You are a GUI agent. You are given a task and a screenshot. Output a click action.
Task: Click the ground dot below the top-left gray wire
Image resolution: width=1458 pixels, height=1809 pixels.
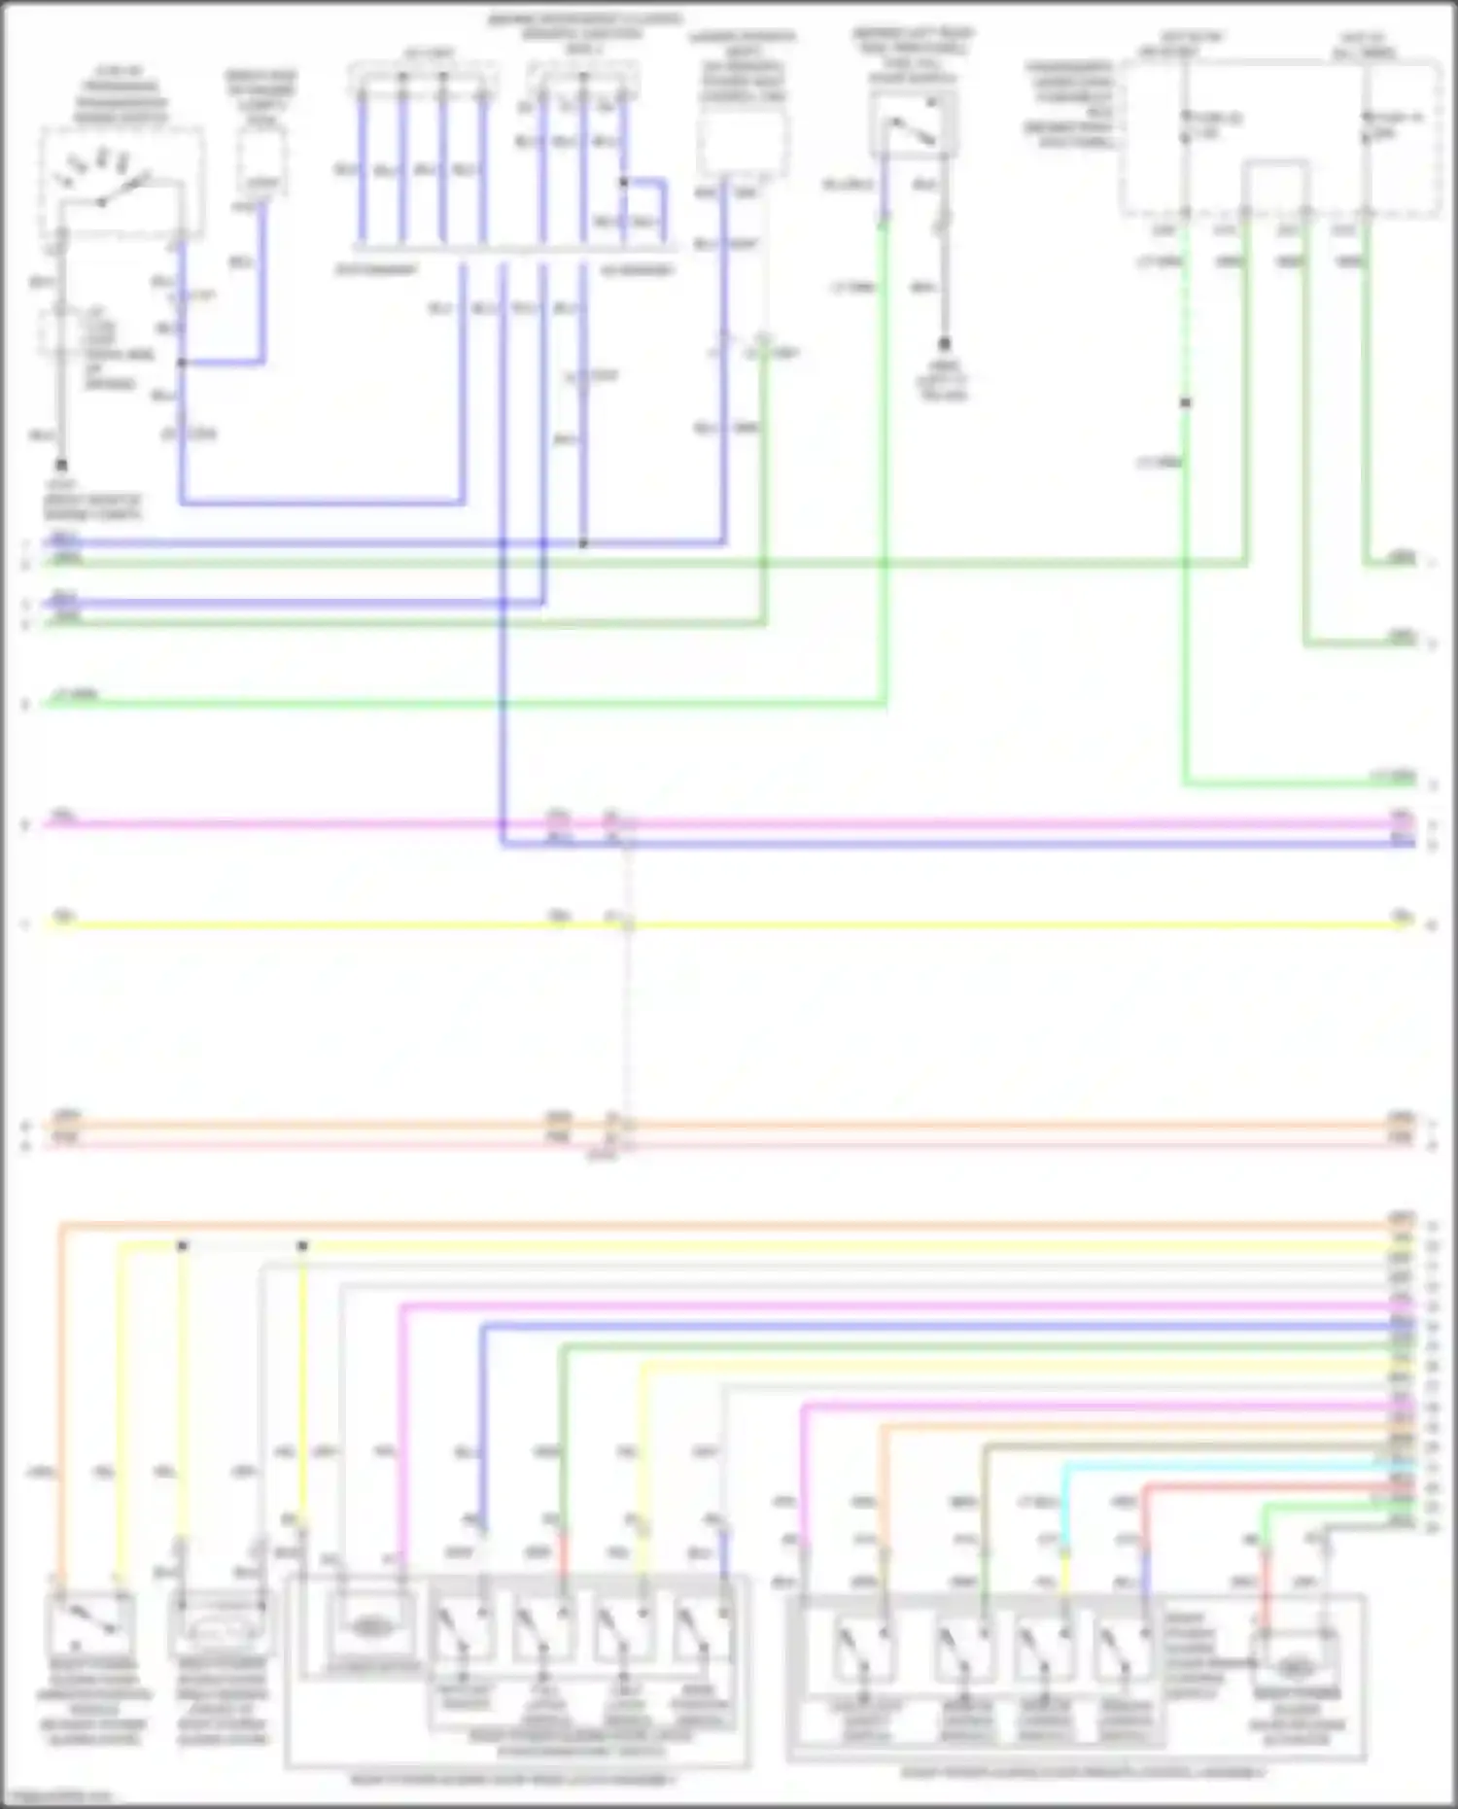61,465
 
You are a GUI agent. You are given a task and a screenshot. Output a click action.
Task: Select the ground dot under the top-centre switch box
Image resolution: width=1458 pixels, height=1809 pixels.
943,343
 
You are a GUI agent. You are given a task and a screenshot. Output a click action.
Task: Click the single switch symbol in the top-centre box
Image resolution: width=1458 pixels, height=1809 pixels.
913,124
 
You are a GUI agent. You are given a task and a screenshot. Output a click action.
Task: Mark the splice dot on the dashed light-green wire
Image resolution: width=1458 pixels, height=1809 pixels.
1185,401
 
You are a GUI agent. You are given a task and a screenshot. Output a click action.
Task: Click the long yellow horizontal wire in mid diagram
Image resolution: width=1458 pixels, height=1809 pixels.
875,924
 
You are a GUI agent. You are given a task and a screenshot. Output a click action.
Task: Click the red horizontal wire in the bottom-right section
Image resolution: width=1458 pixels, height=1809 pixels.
1264,1486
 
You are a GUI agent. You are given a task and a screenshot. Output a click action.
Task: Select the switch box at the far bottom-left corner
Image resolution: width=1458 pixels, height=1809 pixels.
91,1626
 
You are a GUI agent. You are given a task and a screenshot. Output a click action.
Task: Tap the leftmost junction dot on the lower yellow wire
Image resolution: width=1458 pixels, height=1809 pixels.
182,1246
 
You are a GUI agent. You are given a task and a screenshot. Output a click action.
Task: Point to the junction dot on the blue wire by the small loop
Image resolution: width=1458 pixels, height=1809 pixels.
623,182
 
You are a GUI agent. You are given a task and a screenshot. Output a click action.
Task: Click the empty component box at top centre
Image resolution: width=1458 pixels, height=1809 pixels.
743,141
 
